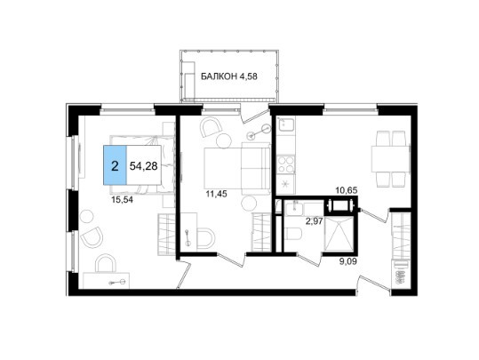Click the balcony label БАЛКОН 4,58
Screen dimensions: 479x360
[x=229, y=76]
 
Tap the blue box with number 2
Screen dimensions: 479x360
[x=115, y=165]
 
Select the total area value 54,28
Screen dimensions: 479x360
[x=144, y=166]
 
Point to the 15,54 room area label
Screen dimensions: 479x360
[x=123, y=200]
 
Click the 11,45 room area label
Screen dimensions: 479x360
[x=217, y=194]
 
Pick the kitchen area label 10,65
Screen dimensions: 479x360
[x=347, y=190]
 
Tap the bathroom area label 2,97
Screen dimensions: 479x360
[x=315, y=221]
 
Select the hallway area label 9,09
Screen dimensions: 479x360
[x=348, y=261]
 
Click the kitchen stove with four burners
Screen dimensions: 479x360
[x=285, y=164]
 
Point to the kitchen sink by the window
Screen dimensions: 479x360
[x=285, y=124]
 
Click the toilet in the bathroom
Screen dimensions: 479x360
[x=293, y=234]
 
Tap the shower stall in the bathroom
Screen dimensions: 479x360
[x=339, y=235]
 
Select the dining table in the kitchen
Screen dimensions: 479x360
[x=390, y=159]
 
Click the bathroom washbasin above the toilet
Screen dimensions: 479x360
[x=294, y=209]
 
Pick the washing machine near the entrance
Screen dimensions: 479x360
[x=401, y=274]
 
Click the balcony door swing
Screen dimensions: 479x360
[x=252, y=115]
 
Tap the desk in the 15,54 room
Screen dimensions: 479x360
[x=107, y=281]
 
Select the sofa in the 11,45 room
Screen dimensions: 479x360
[x=256, y=168]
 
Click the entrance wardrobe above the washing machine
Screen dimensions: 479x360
[x=401, y=235]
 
